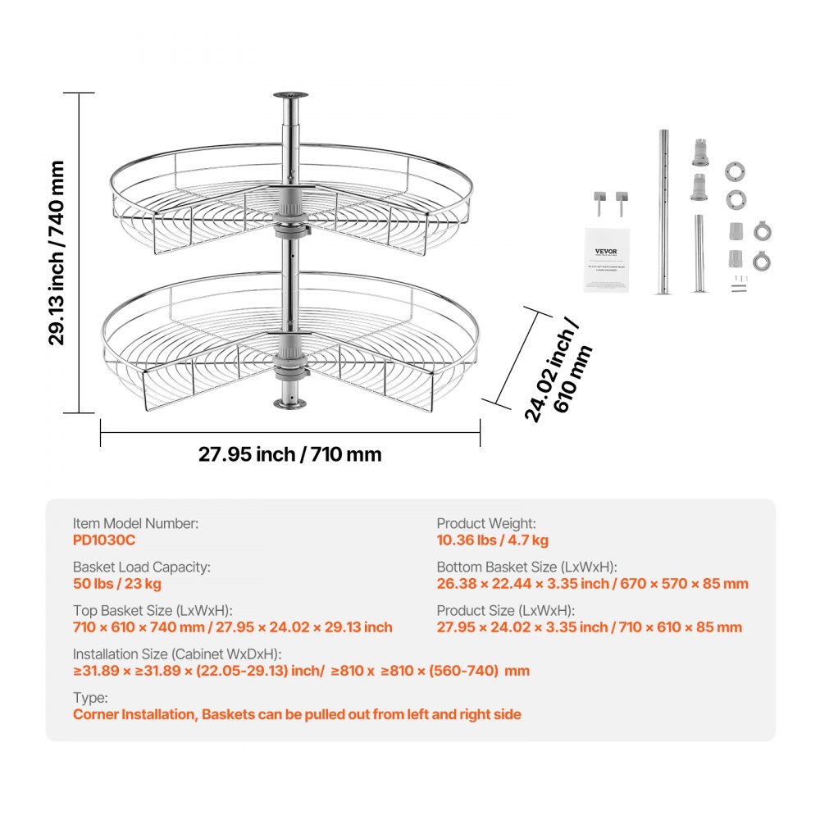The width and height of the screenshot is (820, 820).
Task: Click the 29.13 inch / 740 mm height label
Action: (x=56, y=253)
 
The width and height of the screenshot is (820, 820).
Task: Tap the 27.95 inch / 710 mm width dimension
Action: (x=289, y=453)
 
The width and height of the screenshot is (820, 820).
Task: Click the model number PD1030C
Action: (x=104, y=540)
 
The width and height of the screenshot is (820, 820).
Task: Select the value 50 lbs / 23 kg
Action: (x=117, y=584)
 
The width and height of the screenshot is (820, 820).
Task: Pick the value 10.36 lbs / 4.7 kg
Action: (x=493, y=540)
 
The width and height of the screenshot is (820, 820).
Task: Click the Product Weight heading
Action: (x=486, y=523)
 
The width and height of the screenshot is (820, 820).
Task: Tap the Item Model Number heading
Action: (x=135, y=523)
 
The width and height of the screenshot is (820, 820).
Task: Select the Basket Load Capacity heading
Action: (x=142, y=567)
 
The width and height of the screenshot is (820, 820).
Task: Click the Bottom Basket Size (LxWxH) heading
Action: (x=526, y=567)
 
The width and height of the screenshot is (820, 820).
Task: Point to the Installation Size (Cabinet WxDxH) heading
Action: (x=177, y=654)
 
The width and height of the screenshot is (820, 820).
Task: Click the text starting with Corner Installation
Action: (x=297, y=714)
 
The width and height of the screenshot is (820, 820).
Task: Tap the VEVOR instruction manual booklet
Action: (x=606, y=258)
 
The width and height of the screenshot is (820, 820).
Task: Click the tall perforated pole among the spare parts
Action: (x=663, y=211)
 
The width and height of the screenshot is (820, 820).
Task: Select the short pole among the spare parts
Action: (x=699, y=253)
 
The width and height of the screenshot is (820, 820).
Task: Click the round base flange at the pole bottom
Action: (x=289, y=404)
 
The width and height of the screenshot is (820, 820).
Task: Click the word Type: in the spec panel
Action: (x=90, y=698)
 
